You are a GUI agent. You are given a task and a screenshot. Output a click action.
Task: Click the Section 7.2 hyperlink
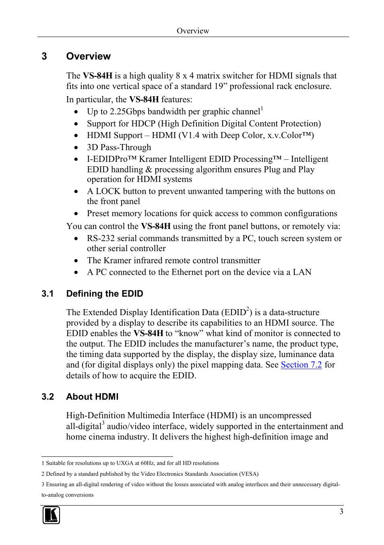coord(301,365)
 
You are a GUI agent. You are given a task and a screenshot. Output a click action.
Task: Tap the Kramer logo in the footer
coord(51,515)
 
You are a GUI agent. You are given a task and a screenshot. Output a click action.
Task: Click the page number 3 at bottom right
coord(341,512)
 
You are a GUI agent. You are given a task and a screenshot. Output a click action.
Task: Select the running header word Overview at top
coord(193,31)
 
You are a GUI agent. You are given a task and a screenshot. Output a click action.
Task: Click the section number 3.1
coord(47,294)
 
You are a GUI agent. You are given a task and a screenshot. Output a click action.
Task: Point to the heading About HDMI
coord(92,397)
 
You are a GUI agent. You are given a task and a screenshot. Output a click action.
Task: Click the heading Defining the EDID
coord(105,294)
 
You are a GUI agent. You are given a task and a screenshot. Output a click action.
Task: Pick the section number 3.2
coord(47,397)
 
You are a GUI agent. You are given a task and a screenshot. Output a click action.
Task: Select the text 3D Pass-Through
coord(119,148)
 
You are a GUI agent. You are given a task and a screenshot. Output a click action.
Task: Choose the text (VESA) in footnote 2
coord(249,474)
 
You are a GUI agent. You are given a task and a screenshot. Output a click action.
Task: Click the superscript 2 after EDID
coord(248,309)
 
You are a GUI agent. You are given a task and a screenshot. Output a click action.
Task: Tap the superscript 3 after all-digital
coord(103,423)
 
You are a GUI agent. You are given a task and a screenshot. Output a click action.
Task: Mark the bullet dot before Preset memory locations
coord(76,214)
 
